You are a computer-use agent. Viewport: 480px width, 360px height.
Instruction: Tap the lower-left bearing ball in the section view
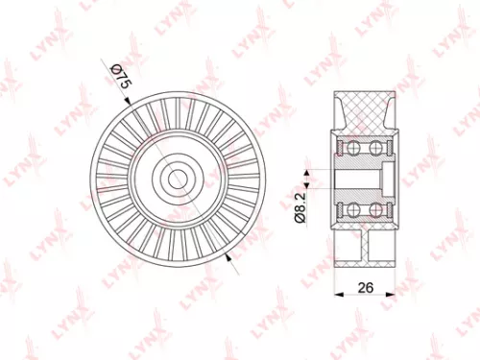pyautogui.click(x=351, y=209)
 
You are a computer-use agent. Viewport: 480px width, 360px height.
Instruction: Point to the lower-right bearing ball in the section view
pyautogui.click(x=373, y=209)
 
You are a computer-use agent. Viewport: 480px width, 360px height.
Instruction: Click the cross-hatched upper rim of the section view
pyautogui.click(x=363, y=110)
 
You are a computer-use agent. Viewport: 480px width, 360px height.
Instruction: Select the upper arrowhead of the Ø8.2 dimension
pyautogui.click(x=307, y=170)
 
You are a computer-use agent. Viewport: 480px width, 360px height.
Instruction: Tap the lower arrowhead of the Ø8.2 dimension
pyautogui.click(x=307, y=187)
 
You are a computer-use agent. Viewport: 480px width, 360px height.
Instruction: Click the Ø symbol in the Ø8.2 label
pyautogui.click(x=298, y=217)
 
